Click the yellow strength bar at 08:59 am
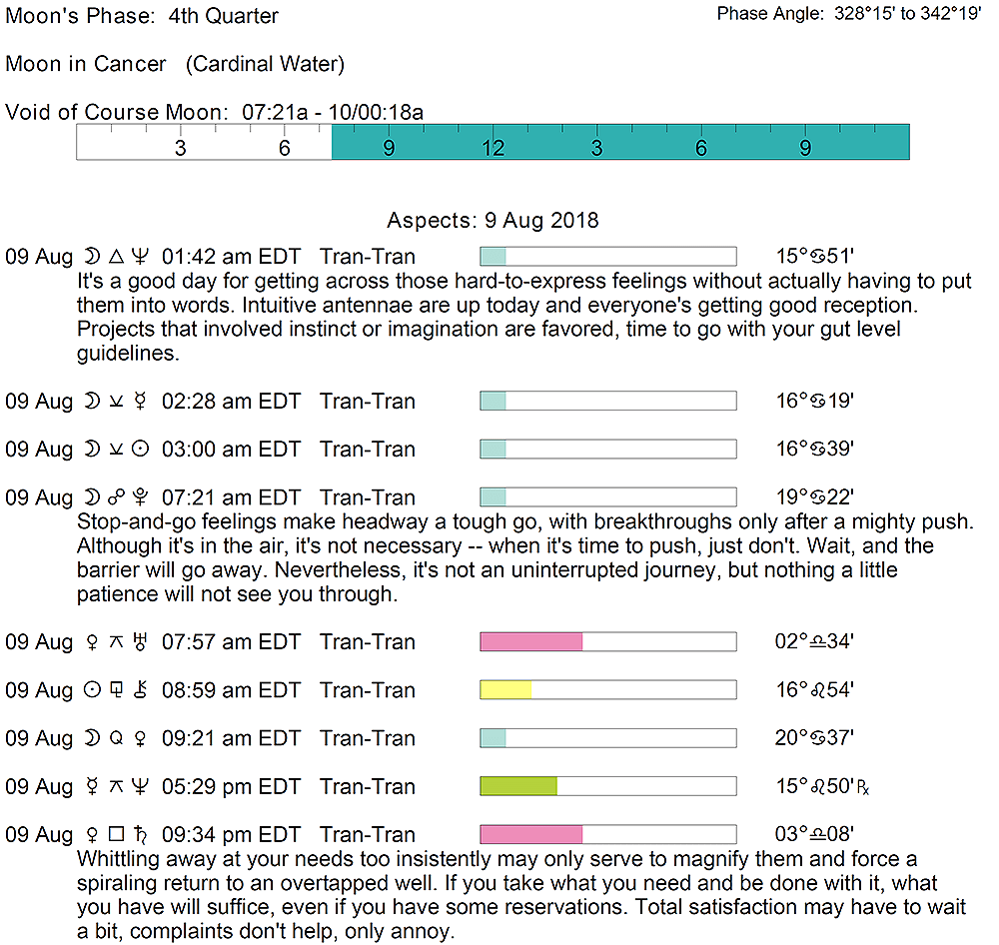505,690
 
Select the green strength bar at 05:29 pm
518,786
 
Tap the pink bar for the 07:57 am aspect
531,641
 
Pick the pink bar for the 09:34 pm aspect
531,834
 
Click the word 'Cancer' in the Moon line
130,64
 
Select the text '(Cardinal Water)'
265,64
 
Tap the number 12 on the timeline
493,149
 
